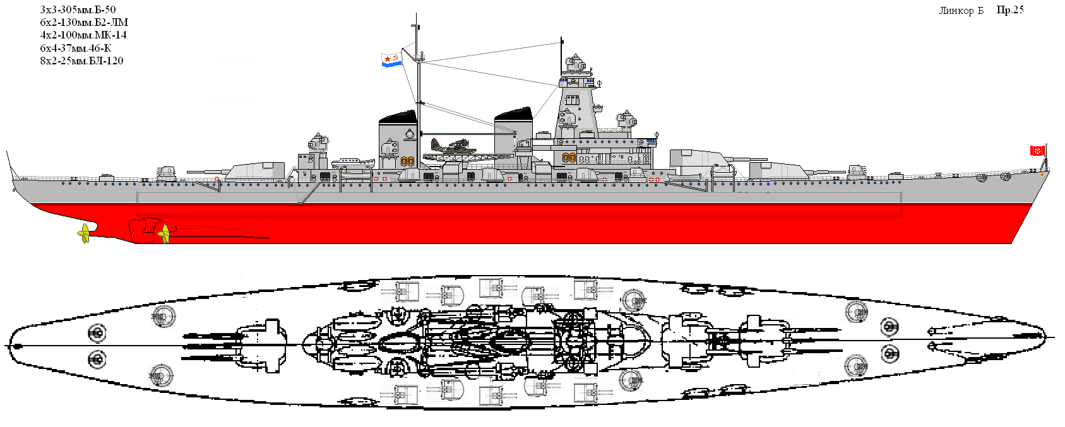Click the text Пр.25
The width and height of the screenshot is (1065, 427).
(x=1010, y=9)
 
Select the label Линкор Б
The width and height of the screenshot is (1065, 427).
(x=961, y=11)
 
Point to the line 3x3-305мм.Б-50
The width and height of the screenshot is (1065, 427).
(x=78, y=9)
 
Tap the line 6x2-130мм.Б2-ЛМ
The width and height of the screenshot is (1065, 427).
(x=84, y=22)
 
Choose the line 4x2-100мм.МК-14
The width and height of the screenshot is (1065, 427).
(x=83, y=35)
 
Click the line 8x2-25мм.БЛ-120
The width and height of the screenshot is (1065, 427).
(x=81, y=61)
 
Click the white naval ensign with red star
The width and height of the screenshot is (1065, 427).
(x=391, y=60)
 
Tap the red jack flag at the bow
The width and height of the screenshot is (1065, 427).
(x=1036, y=150)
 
